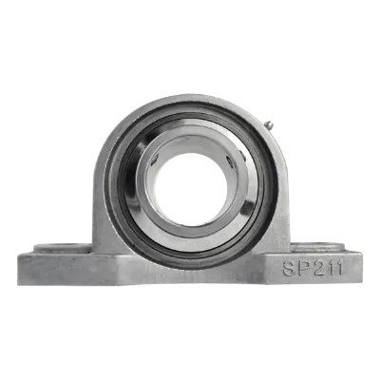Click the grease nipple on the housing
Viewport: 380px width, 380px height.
269,125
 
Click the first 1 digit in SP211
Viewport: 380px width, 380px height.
331,268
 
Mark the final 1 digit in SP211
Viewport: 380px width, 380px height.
339,268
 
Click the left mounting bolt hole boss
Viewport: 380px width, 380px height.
62,248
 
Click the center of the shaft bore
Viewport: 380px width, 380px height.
191,189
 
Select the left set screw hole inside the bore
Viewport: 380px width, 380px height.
155,160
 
